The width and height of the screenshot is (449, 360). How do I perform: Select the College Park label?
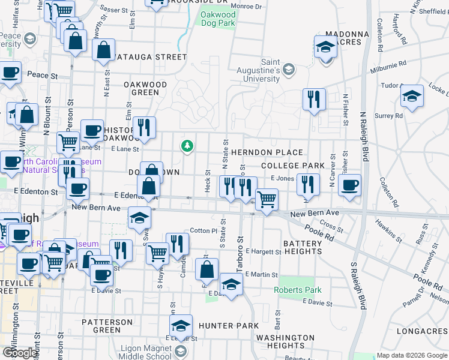tap(293, 165)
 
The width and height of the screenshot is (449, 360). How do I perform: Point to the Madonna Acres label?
tap(343, 38)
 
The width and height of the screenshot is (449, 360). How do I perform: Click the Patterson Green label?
tap(107, 326)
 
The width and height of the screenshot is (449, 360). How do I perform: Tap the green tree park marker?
tap(188, 146)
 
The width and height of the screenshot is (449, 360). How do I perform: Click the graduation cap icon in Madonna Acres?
tap(325, 47)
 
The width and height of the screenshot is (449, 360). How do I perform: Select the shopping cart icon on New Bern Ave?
tap(267, 199)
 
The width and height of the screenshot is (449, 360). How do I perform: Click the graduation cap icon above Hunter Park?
tap(231, 284)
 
